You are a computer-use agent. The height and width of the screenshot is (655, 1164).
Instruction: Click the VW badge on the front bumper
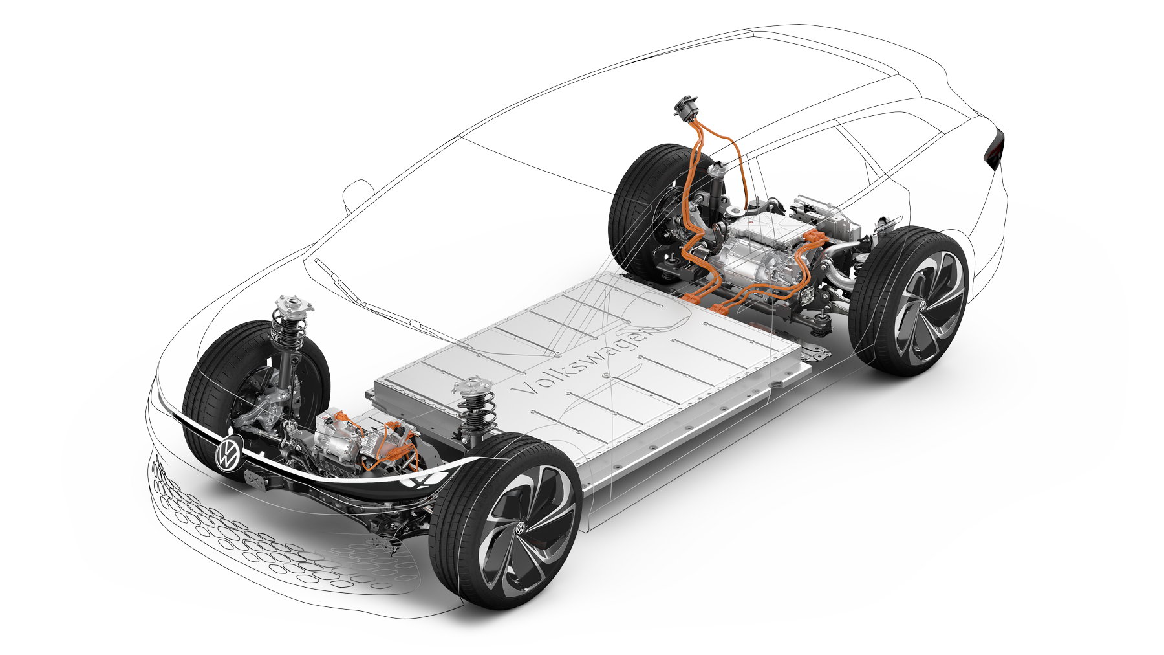[x=228, y=452]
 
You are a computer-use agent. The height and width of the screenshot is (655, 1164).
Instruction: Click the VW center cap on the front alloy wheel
[x=519, y=527]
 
